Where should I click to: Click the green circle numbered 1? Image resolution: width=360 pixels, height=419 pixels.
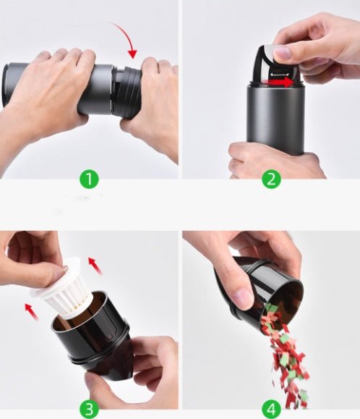(89, 179)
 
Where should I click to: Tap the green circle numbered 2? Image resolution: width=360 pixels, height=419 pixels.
(271, 179)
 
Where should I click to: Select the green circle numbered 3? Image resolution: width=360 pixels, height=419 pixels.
(89, 409)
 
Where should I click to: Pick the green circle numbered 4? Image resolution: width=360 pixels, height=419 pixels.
(271, 409)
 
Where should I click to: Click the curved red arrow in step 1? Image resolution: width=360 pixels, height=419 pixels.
(127, 35)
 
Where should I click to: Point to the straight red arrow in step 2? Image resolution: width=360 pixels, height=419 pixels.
(280, 82)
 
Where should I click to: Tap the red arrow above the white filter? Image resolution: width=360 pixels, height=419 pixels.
(95, 265)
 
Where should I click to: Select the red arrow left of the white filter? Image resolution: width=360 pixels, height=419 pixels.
(32, 312)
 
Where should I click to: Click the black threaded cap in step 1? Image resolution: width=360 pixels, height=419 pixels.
(127, 92)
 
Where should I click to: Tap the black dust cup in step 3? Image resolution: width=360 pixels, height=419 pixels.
(91, 337)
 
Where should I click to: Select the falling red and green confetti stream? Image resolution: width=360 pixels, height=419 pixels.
(286, 355)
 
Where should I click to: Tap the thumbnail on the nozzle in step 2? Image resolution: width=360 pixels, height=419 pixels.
(283, 54)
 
